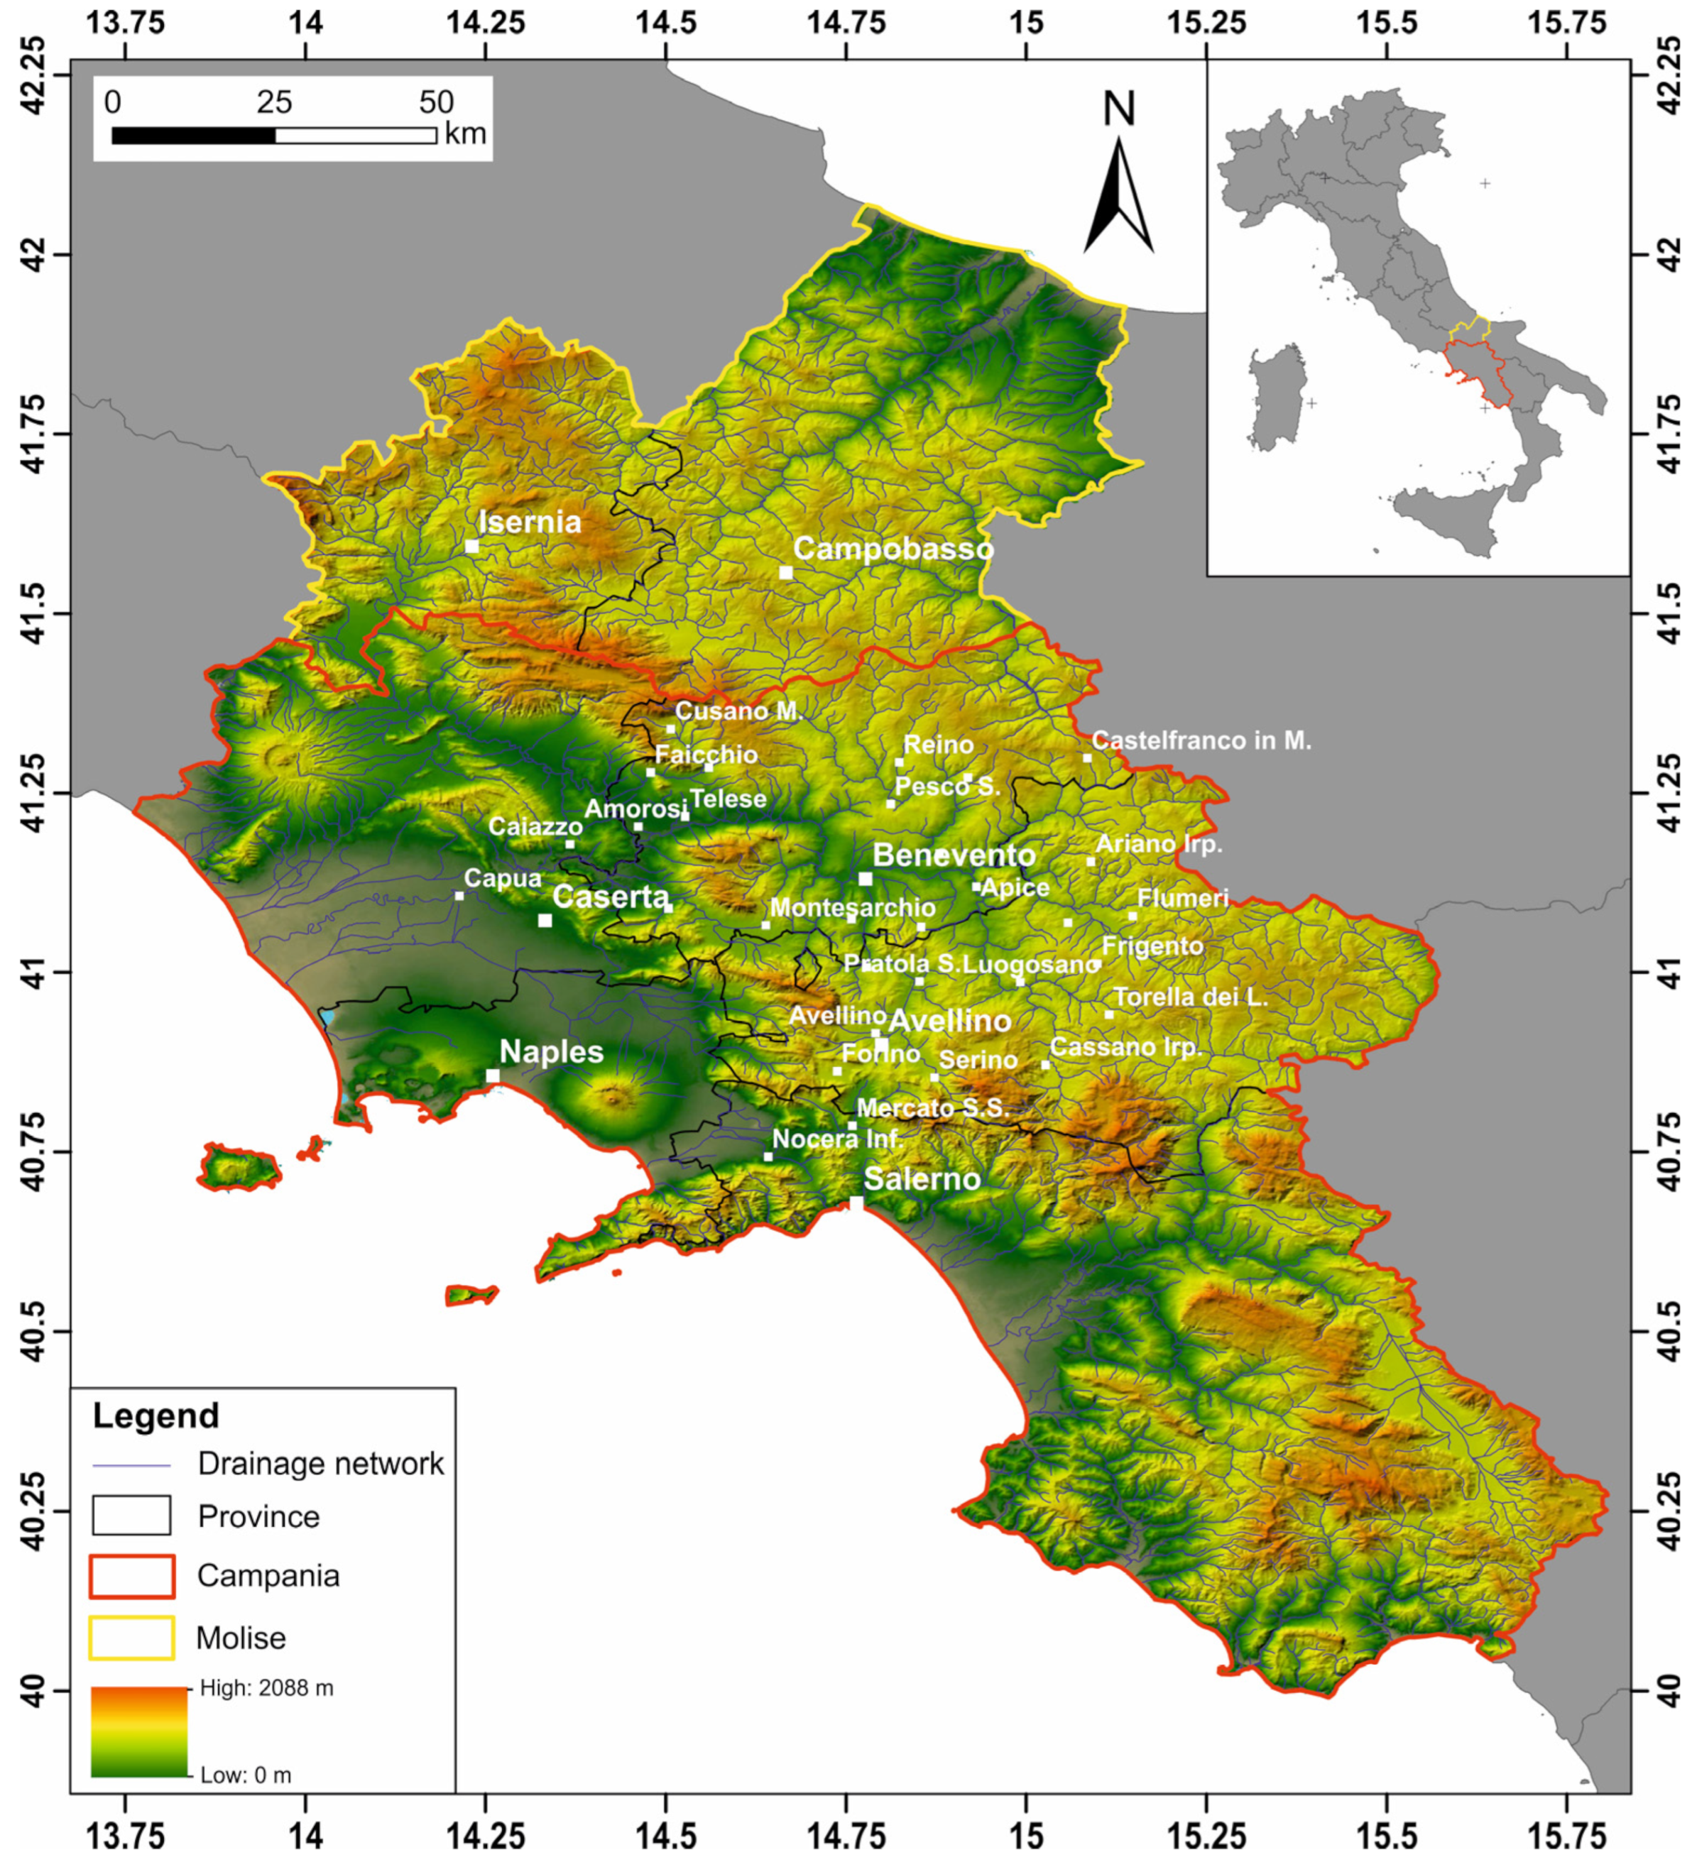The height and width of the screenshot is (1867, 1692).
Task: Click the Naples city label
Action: click(551, 1052)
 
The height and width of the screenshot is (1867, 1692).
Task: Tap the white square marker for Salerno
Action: click(856, 1203)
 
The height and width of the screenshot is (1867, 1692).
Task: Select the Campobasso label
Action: click(893, 549)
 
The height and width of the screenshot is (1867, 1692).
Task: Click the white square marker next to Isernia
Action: click(471, 547)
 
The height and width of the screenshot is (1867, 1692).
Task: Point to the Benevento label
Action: click(953, 855)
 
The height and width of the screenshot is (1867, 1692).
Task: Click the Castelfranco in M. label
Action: click(1201, 741)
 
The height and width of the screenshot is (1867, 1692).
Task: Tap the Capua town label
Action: click(502, 878)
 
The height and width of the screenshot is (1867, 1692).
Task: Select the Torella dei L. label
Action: click(1190, 997)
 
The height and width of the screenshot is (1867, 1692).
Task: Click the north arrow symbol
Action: click(1119, 195)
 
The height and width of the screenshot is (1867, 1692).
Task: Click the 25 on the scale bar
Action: click(274, 102)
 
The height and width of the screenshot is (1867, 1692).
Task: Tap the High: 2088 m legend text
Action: click(267, 1688)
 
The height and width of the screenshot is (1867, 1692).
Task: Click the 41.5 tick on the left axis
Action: click(33, 613)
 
